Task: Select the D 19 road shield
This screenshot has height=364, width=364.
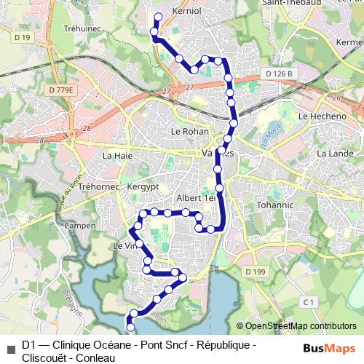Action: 23,37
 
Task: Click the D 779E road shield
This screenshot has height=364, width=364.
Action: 61,90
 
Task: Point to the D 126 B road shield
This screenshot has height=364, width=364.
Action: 278,74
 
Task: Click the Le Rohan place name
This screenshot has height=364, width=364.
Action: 189,132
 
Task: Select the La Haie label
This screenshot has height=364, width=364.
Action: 117,155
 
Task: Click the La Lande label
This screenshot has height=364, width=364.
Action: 334,154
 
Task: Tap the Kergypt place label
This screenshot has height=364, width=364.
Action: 142,187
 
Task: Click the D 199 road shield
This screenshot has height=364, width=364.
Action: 257,272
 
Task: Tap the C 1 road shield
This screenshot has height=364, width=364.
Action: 309,301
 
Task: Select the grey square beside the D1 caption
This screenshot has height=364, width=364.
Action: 10,344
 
